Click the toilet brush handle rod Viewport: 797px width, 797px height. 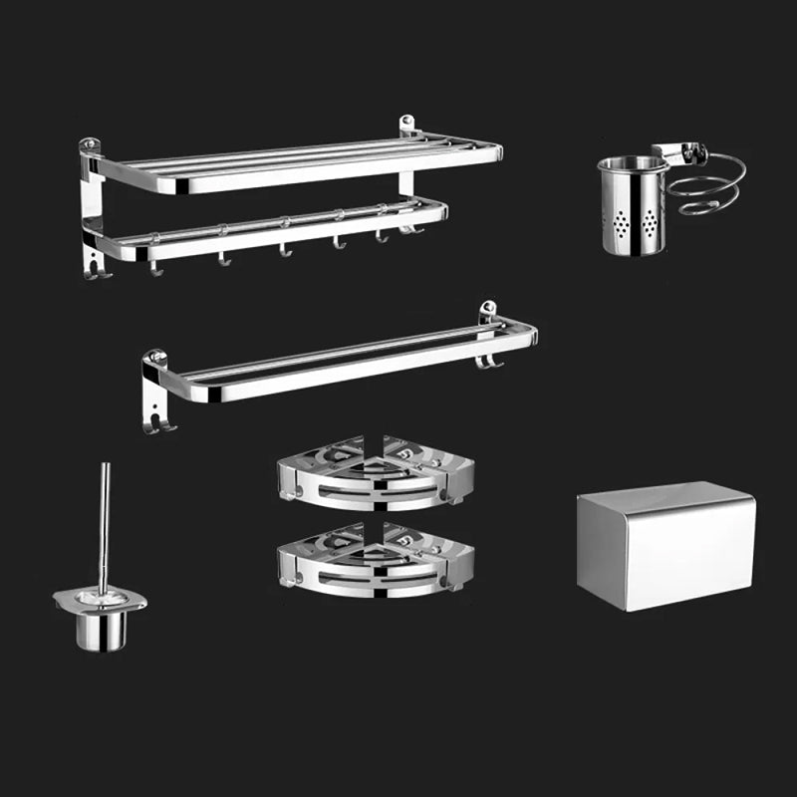[103, 528]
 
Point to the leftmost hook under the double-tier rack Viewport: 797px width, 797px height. [155, 265]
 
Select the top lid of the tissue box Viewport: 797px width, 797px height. [665, 494]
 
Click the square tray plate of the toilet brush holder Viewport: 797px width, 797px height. [100, 600]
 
